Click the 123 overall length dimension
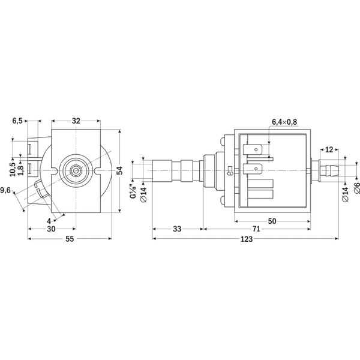point(247,239)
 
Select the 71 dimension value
point(256,229)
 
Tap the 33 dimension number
point(177,229)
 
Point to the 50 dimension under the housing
point(272,221)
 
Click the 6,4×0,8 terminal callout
point(284,122)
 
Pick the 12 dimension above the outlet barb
point(329,149)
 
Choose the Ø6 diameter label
point(357,188)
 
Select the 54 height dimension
point(119,170)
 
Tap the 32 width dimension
point(76,121)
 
